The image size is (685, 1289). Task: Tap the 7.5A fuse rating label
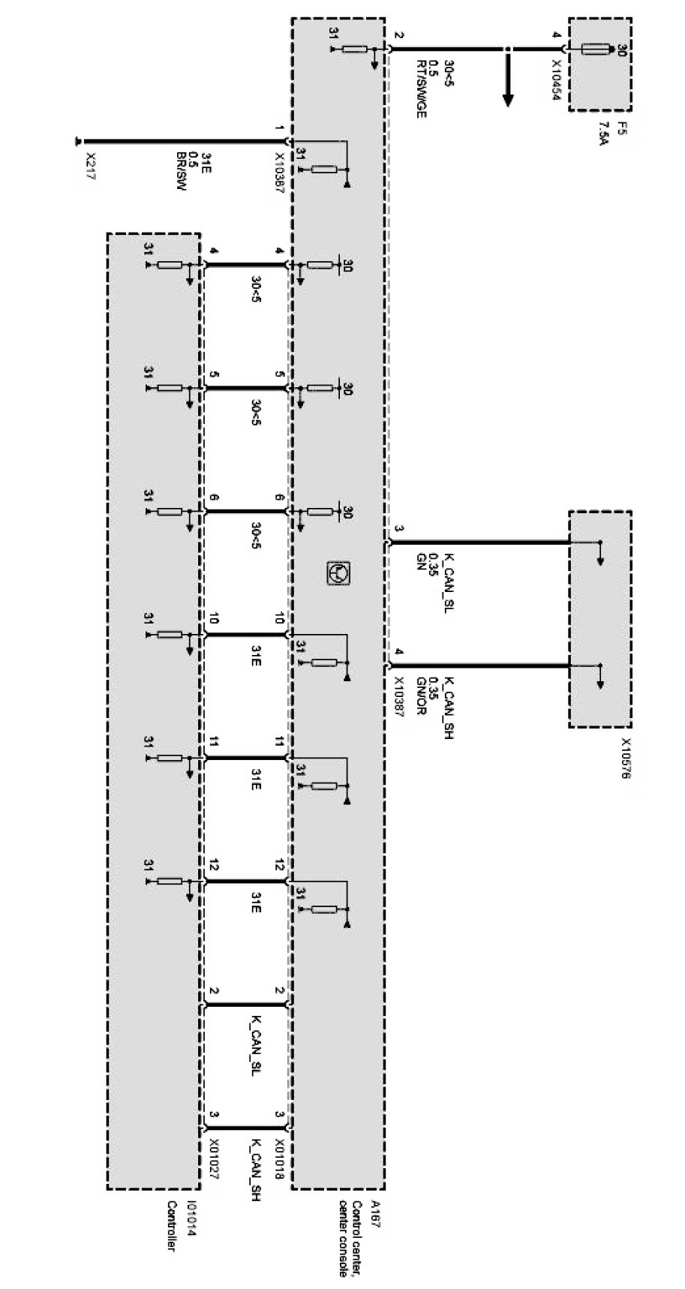pos(602,133)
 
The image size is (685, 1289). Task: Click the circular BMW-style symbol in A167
pos(338,573)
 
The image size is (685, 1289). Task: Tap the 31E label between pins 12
pos(255,902)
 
